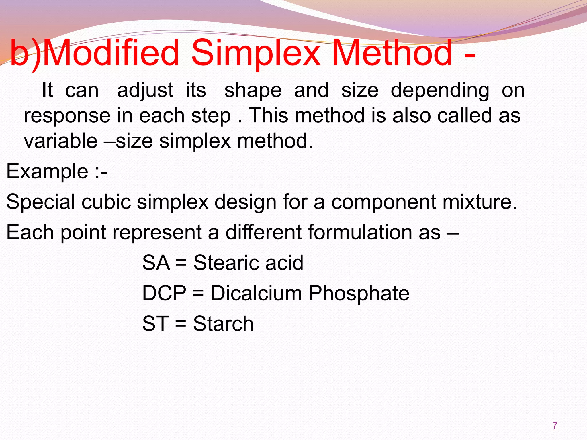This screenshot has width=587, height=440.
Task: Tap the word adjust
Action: (x=145, y=91)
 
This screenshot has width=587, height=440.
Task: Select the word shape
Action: (x=253, y=91)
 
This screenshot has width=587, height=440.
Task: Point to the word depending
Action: (x=440, y=91)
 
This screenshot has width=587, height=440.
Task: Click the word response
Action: (x=67, y=116)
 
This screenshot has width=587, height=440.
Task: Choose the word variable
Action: (x=60, y=141)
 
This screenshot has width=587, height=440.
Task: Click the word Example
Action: (x=47, y=172)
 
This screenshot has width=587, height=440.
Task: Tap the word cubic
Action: (x=106, y=202)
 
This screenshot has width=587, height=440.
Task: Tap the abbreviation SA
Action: (x=156, y=263)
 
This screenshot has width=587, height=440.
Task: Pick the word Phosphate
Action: (x=359, y=294)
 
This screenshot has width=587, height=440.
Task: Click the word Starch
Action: (x=223, y=324)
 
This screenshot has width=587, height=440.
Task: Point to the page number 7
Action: (x=555, y=426)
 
